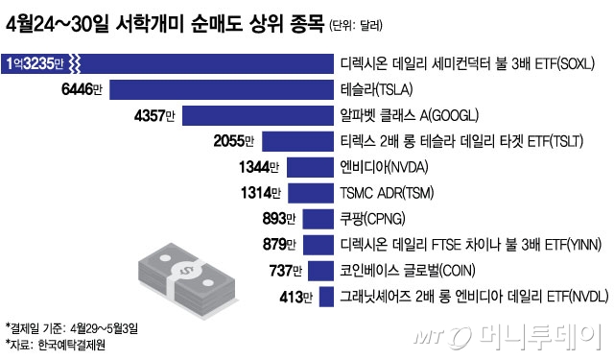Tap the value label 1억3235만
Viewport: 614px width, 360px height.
[35, 65]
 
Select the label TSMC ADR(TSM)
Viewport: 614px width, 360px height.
[388, 193]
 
